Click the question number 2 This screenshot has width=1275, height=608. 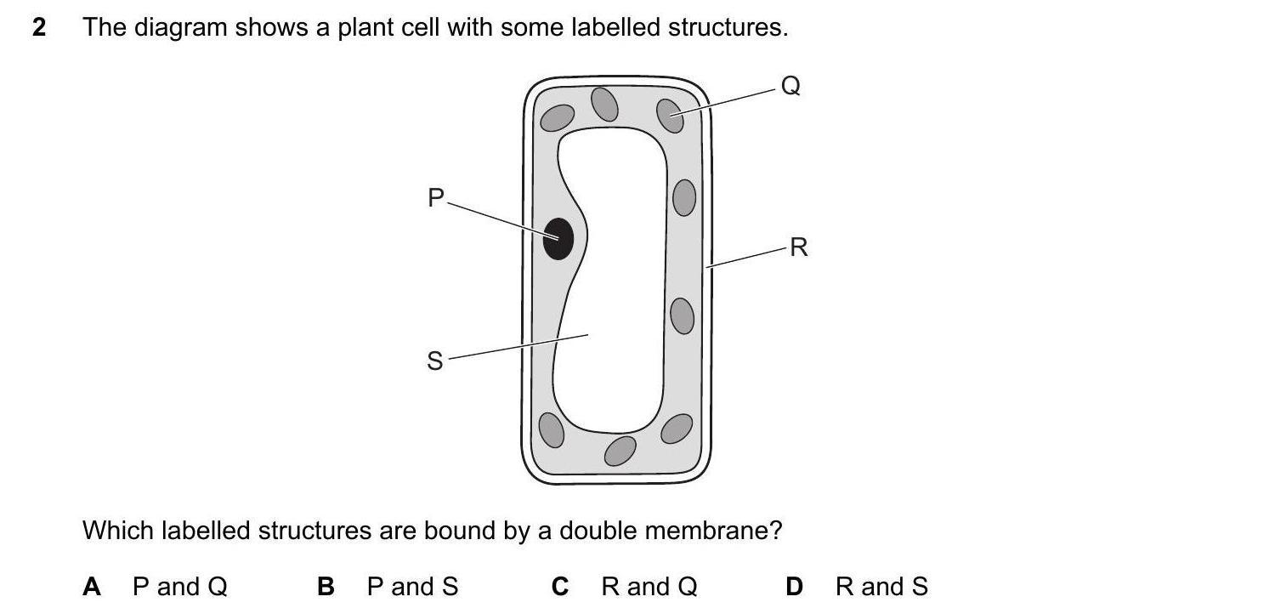click(38, 28)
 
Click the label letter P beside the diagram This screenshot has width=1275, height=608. click(436, 198)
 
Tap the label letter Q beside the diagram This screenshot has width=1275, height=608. click(790, 86)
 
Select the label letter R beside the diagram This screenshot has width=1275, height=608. click(798, 247)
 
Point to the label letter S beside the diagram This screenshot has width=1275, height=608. click(435, 361)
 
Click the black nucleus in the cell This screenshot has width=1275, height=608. click(558, 238)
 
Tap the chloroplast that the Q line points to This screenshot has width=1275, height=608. click(671, 116)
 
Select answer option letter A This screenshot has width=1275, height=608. click(92, 587)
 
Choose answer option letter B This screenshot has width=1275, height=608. click(326, 587)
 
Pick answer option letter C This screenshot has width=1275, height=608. click(559, 587)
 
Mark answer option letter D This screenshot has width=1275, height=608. click(794, 587)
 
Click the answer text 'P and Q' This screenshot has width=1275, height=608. click(180, 587)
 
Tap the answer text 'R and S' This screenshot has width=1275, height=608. click(881, 587)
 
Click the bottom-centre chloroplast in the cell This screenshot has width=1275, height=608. click(620, 450)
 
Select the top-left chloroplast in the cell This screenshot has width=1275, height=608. click(558, 117)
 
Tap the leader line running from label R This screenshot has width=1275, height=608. click(748, 258)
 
